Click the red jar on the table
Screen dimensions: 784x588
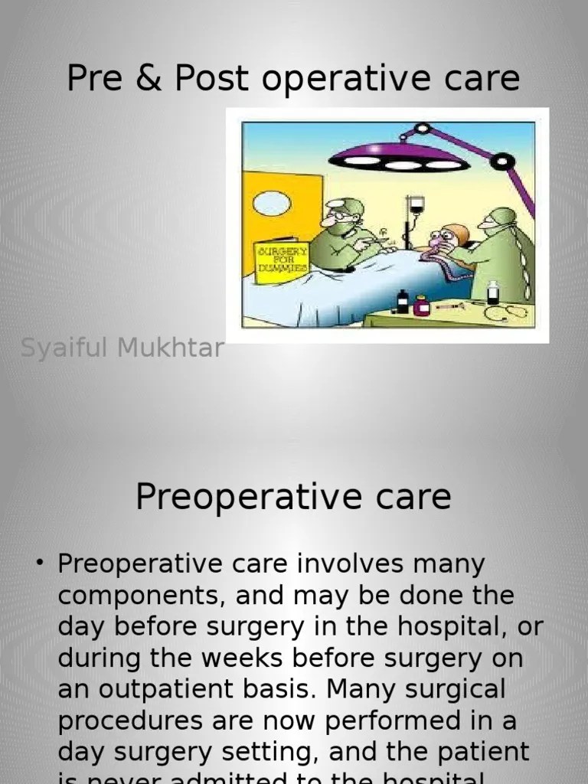point(421,306)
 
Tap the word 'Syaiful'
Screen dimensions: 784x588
point(64,348)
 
